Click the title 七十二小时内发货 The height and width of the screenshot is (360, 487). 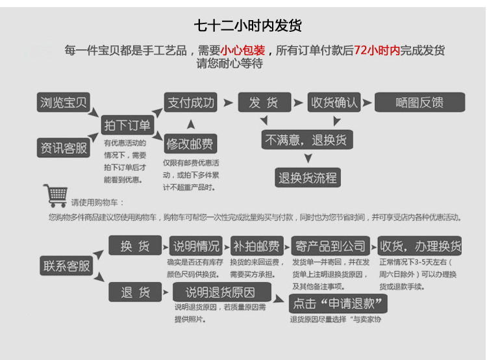pyautogui.click(x=248, y=26)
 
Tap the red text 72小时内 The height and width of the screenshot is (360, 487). pyautogui.click(x=377, y=51)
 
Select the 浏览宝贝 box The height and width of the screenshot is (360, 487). pyautogui.click(x=62, y=103)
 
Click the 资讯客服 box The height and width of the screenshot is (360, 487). pyautogui.click(x=62, y=148)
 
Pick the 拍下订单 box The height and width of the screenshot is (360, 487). pyautogui.click(x=127, y=125)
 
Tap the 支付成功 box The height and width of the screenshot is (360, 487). pyautogui.click(x=190, y=103)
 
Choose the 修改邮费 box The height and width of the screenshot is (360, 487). pyautogui.click(x=190, y=144)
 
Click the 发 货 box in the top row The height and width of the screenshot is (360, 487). pyautogui.click(x=263, y=103)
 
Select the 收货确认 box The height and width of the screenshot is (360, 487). pyautogui.click(x=334, y=103)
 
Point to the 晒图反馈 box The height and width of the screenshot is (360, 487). pyautogui.click(x=420, y=103)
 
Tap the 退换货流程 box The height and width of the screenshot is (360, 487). pyautogui.click(x=308, y=177)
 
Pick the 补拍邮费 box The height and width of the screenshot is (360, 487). pyautogui.click(x=256, y=246)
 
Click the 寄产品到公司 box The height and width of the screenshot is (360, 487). pyautogui.click(x=331, y=246)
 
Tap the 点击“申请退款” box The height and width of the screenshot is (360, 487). pyautogui.click(x=338, y=303)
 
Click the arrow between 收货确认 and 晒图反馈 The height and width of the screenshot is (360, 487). pyautogui.click(x=367, y=103)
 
